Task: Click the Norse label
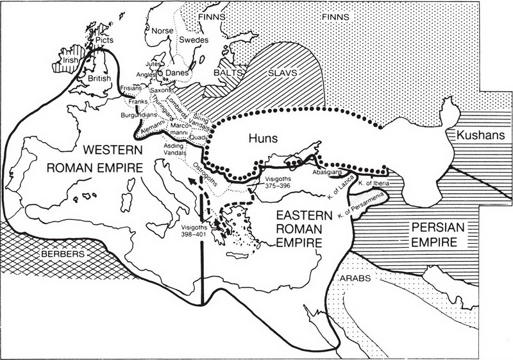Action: (160, 30)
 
